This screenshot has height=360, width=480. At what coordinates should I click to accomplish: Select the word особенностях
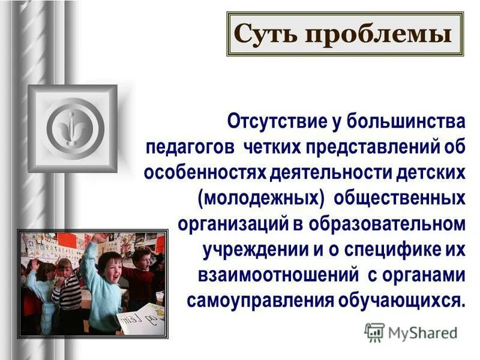204,172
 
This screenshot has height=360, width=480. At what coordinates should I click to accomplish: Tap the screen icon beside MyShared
374,332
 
